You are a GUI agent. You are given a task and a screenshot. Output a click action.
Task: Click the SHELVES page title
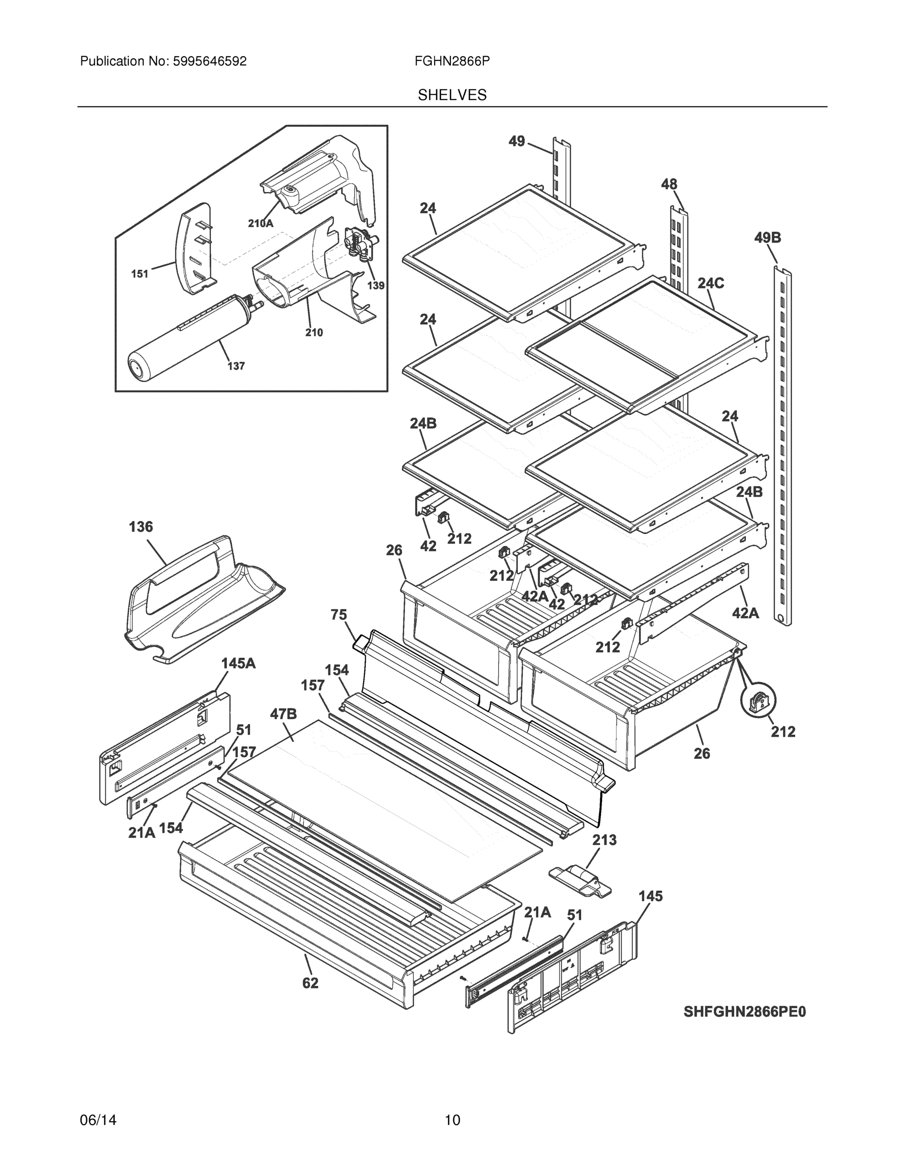[452, 95]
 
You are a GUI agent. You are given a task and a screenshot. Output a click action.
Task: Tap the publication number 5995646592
[210, 61]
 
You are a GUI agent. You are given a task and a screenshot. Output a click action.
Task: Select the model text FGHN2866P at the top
[452, 61]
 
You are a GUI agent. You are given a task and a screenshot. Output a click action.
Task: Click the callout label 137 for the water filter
[236, 366]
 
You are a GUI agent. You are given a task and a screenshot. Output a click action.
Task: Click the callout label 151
[140, 274]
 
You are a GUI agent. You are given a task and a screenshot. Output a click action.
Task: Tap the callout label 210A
[261, 223]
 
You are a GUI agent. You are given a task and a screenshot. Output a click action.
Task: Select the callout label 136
[141, 527]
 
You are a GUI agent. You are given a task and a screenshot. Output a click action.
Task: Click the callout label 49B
[767, 238]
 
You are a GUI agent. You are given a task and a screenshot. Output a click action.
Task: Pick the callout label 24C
[711, 283]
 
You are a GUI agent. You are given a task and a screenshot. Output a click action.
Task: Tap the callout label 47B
[282, 714]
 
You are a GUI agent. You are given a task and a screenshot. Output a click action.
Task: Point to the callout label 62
[310, 983]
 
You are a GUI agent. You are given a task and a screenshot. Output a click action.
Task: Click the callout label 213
[604, 840]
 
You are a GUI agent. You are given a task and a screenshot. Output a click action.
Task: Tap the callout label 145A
[239, 663]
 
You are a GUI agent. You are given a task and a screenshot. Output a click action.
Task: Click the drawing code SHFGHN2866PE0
[744, 1012]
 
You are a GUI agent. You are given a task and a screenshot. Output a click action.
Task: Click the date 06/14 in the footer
[98, 1120]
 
